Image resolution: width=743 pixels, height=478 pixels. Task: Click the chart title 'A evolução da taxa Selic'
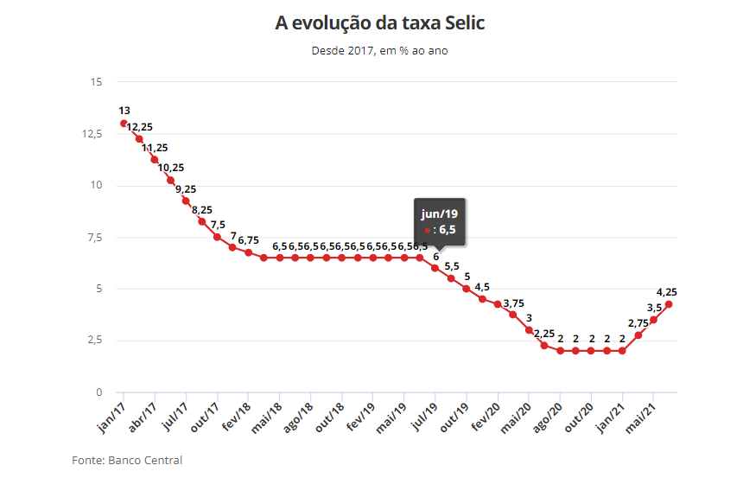[x=379, y=23]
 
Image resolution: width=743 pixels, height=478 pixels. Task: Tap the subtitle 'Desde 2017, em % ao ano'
[x=379, y=50]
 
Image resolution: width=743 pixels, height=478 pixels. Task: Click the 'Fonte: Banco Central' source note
[x=127, y=460]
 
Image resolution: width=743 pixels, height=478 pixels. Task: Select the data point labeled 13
[x=124, y=123]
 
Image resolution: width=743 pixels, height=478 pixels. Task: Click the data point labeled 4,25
[x=669, y=303]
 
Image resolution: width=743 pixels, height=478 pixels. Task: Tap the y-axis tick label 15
[x=96, y=82]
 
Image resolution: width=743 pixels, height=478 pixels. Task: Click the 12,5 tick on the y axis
[x=92, y=134]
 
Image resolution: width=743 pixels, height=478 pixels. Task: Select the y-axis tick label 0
[x=98, y=392]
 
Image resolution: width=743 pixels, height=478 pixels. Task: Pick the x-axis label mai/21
[x=653, y=415]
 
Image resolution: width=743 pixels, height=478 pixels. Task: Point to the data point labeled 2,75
[x=638, y=335]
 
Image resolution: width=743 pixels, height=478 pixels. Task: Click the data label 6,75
[x=249, y=239]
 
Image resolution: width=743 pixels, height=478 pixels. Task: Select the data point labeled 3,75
[x=513, y=315]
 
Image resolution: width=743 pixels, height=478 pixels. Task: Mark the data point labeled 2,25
[x=544, y=345]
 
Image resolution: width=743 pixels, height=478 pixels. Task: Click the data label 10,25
[x=171, y=168]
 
